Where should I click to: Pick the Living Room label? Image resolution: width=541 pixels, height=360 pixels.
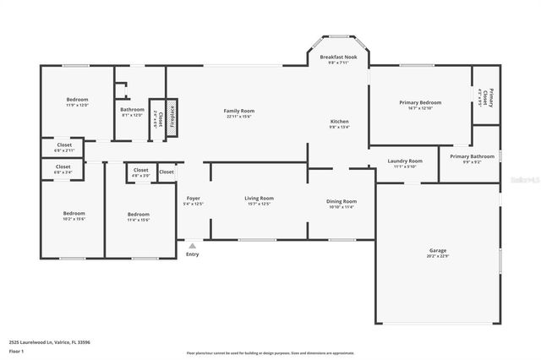pos(259,200)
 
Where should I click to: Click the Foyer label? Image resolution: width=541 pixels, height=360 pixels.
pos(194,200)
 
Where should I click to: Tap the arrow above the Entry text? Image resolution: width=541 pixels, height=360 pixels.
pos(193,244)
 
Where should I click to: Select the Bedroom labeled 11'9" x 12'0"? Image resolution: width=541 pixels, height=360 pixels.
pos(77,101)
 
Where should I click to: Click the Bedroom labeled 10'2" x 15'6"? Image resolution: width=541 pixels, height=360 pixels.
pos(74,215)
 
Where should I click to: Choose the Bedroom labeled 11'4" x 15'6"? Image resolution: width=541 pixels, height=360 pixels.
pos(138,216)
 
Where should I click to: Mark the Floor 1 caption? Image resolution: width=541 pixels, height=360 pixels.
pos(16,351)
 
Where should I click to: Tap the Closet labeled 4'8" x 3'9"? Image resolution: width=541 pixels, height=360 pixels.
pos(140,172)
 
